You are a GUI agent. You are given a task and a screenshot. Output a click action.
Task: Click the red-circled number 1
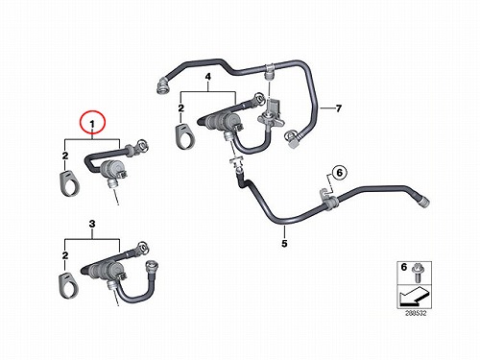(92, 124)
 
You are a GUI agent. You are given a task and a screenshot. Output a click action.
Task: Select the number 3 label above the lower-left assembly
(92, 224)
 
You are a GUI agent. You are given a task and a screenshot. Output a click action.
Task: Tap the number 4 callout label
(208, 77)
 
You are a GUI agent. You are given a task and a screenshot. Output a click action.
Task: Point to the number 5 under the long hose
(284, 244)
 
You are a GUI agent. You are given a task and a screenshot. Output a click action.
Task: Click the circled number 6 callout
(340, 173)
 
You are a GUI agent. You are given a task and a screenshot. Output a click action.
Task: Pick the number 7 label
(339, 108)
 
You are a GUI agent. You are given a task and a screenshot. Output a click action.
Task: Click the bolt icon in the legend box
(417, 273)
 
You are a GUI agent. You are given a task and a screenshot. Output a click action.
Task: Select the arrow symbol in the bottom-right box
(414, 296)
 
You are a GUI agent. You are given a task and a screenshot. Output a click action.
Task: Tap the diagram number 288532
(416, 313)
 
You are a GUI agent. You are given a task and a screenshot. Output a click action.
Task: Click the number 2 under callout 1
(65, 156)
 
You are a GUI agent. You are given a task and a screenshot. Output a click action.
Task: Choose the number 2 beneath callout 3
(65, 255)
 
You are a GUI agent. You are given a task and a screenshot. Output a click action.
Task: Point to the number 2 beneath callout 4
(181, 108)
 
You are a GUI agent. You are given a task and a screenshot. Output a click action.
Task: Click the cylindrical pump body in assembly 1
(109, 169)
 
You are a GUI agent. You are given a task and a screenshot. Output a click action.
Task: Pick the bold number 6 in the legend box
(404, 267)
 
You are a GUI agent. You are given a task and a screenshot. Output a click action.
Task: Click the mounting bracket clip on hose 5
(328, 199)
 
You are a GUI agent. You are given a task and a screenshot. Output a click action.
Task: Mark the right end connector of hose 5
(423, 203)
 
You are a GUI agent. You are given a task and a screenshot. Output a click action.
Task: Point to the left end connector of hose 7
(161, 85)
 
